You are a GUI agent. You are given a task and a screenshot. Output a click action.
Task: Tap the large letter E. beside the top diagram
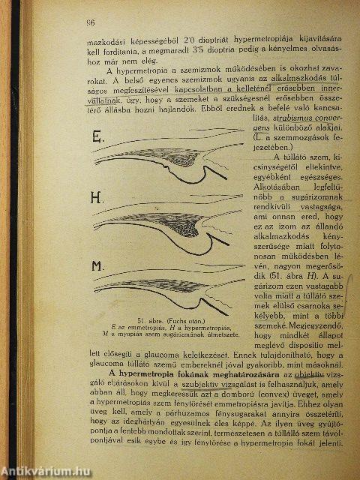[x=97, y=139]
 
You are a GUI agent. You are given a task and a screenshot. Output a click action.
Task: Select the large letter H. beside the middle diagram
[x=96, y=199]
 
